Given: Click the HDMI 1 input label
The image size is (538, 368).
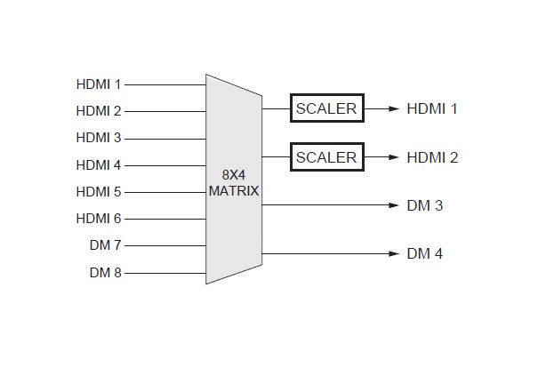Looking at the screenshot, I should click(98, 84).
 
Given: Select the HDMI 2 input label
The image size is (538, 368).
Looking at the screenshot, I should click(98, 111).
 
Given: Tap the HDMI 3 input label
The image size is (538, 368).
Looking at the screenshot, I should click(98, 138).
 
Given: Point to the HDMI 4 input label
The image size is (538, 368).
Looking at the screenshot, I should click(98, 164).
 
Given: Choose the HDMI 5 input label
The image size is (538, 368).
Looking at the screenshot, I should click(98, 191).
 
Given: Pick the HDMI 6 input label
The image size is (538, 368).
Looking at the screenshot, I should click(98, 219).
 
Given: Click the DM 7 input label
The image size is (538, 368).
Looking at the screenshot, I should click(105, 245).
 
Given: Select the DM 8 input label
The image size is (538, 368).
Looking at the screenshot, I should click(105, 272).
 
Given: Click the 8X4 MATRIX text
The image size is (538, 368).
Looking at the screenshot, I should click(233, 183).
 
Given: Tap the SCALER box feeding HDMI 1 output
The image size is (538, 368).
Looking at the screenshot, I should click(326, 108).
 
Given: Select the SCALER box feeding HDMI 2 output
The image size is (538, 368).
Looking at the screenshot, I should click(326, 157).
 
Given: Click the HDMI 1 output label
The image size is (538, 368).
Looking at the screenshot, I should click(432, 108).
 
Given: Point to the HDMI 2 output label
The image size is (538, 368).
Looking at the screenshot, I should click(432, 157).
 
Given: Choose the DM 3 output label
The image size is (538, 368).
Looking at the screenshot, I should click(425, 205).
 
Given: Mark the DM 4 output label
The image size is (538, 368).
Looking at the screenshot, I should click(425, 253).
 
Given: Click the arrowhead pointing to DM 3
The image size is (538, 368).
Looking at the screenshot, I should click(394, 205).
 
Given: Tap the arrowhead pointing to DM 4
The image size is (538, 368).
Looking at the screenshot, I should click(394, 253).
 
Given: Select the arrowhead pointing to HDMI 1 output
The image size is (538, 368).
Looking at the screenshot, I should click(394, 108).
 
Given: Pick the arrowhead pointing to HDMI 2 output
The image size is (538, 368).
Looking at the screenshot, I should click(394, 157).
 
